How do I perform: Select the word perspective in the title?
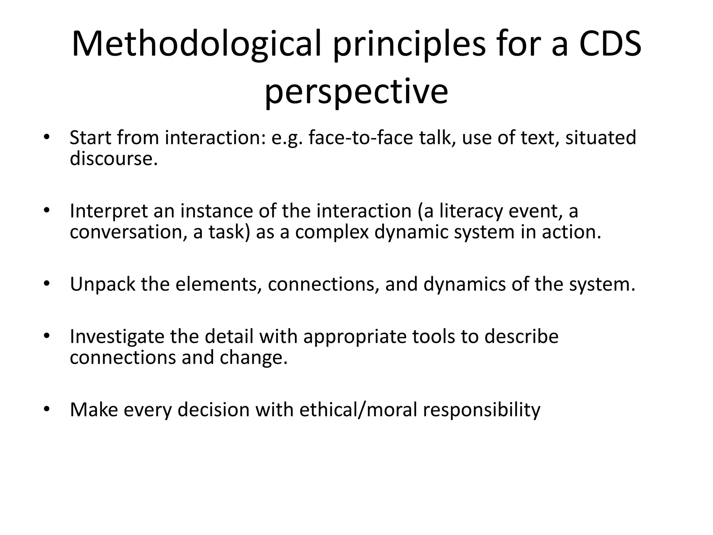point(356,91)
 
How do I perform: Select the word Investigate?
point(117,336)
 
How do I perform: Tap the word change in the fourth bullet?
point(253,357)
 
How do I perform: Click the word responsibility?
point(481,410)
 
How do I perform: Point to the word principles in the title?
point(409,44)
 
